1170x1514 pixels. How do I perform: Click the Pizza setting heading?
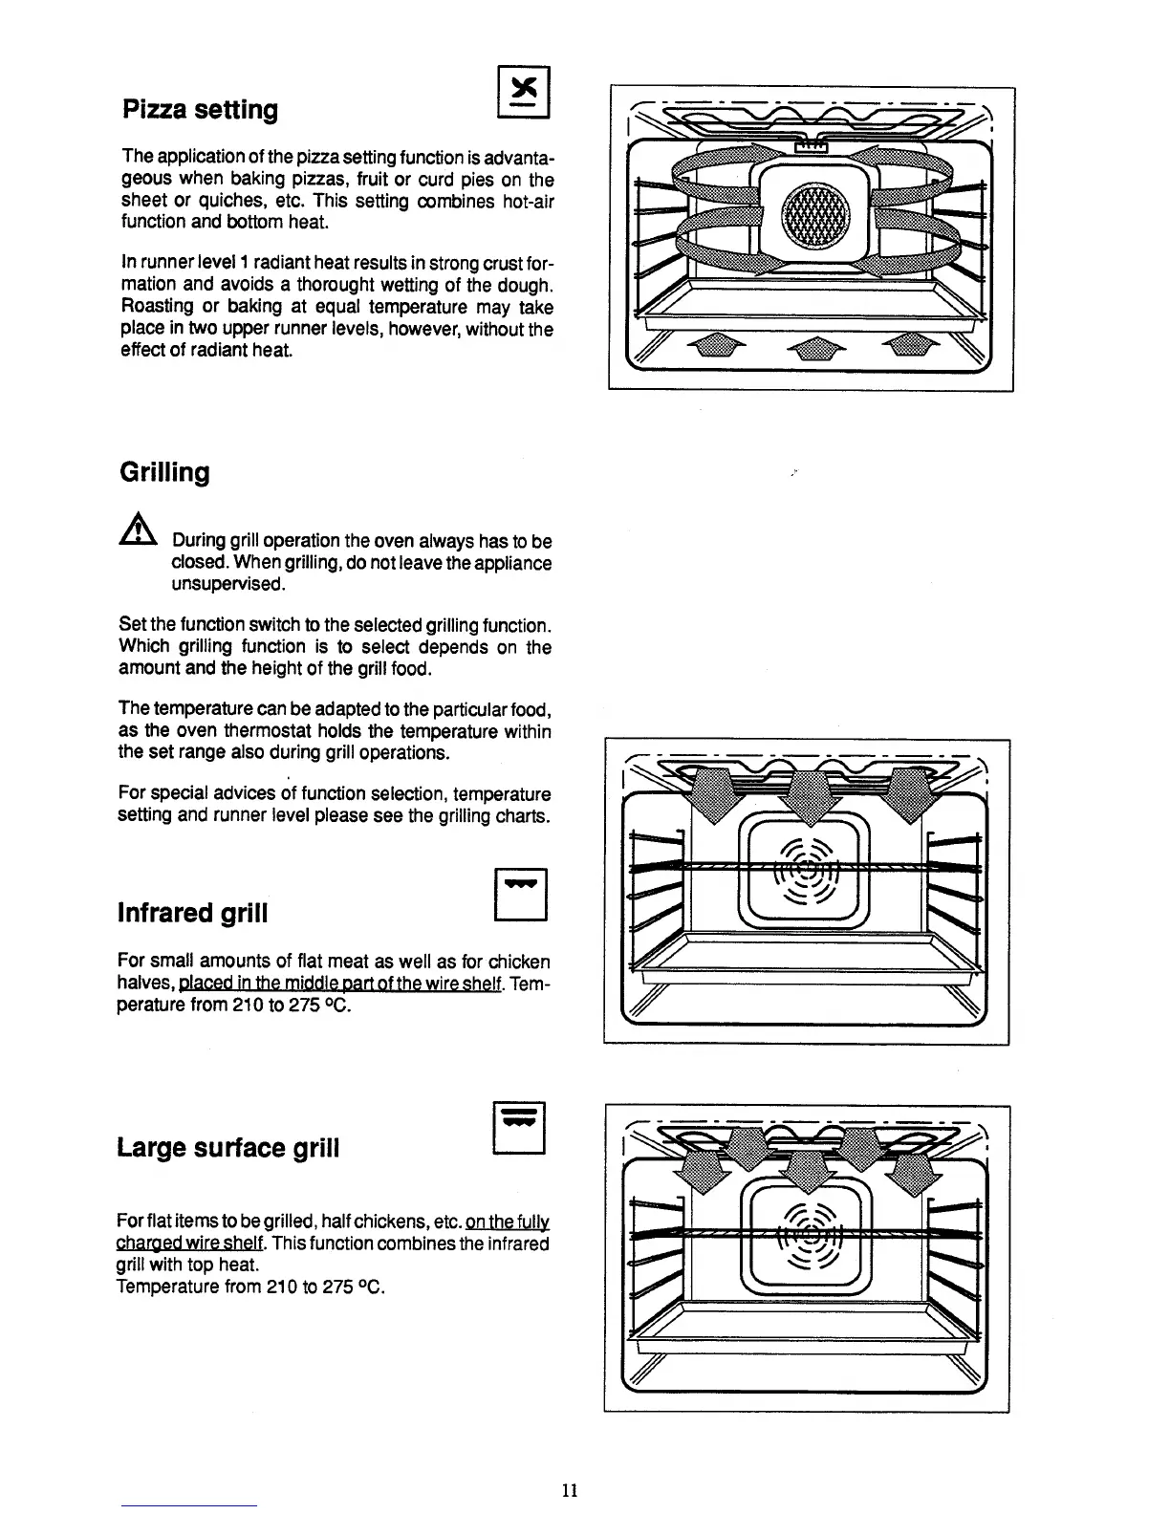201,110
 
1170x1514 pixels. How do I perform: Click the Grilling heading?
163,472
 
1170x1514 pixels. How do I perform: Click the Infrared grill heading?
192,913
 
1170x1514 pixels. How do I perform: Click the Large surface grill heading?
227,1147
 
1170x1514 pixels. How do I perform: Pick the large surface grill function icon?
519,1129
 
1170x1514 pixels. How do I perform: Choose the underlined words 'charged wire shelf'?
189,1244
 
